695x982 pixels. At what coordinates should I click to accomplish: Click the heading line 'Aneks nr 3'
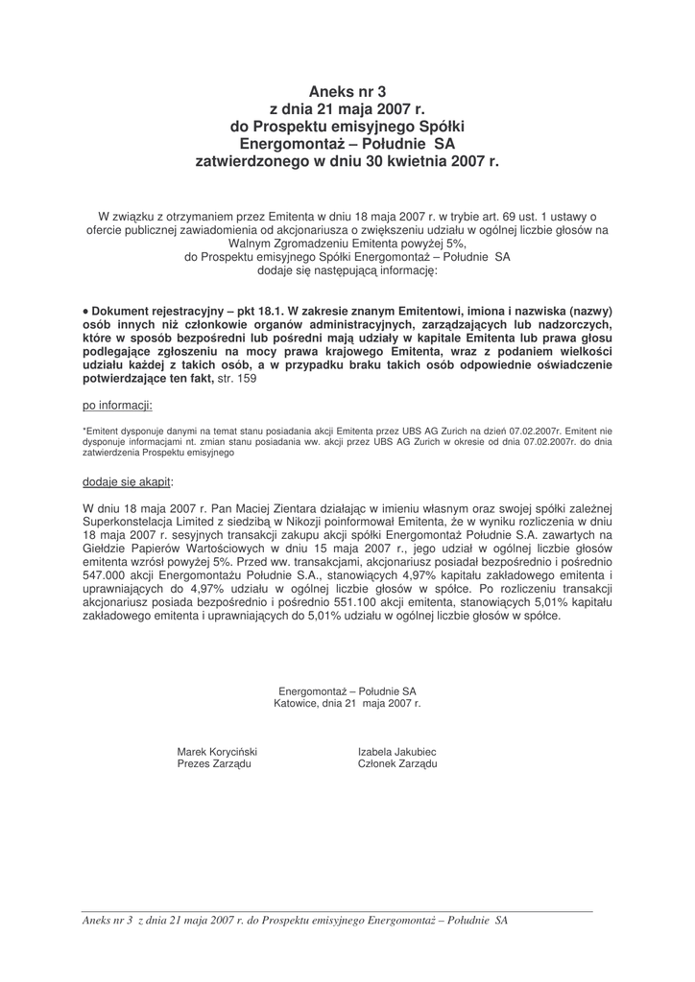point(347,92)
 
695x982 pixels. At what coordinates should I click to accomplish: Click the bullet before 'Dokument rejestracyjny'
point(86,312)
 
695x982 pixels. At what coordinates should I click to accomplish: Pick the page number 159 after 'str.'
point(248,379)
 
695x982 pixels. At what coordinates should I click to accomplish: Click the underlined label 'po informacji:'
point(118,406)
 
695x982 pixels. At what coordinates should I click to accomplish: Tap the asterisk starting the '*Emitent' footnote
point(85,433)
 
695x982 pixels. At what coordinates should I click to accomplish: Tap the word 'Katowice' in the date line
point(297,703)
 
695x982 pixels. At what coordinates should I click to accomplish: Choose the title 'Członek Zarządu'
point(396,763)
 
